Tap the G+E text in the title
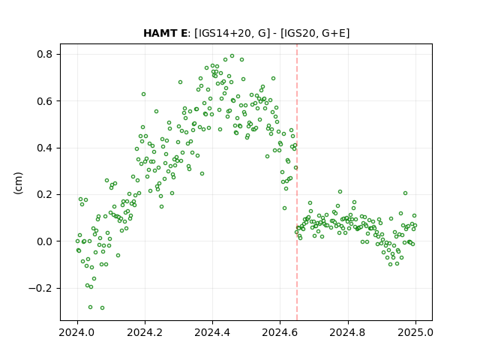(333, 33)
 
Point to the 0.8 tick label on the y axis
(45, 55)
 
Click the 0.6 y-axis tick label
(45, 101)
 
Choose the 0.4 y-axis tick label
(45, 148)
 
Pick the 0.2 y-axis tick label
(45, 195)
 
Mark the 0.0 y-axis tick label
(45, 241)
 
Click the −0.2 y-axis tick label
(40, 288)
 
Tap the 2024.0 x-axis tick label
(78, 332)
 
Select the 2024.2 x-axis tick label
(145, 332)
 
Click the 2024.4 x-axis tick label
(213, 332)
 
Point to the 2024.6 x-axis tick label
(280, 332)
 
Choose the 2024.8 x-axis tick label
(348, 332)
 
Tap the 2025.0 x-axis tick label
(415, 332)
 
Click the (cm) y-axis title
(18, 183)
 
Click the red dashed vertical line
(297, 182)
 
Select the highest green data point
(232, 56)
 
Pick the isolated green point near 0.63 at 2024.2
(143, 94)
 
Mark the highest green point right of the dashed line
(340, 192)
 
